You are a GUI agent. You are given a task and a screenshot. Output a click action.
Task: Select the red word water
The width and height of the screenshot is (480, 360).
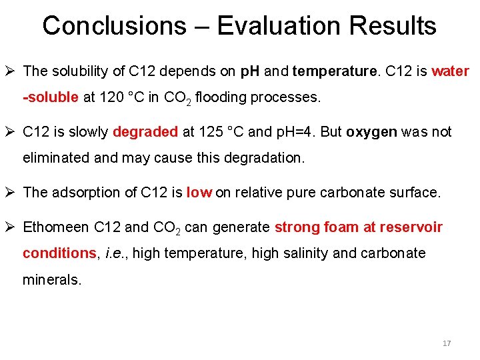(450, 71)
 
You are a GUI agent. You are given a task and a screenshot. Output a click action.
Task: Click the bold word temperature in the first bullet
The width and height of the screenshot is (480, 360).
(334, 71)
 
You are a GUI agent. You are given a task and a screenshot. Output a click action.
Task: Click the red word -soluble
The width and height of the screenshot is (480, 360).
(51, 98)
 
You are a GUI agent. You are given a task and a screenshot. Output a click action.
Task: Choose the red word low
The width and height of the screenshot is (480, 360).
(199, 193)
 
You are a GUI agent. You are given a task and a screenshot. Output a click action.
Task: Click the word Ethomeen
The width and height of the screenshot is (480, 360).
(55, 227)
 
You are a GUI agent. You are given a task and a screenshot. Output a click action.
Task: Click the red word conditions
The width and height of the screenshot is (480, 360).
(59, 253)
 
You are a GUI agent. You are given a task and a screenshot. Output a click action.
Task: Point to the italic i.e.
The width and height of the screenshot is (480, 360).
(118, 253)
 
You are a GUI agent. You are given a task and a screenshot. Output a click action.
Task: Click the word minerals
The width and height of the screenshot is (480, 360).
(52, 280)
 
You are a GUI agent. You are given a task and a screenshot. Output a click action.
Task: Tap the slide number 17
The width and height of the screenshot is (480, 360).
(447, 343)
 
